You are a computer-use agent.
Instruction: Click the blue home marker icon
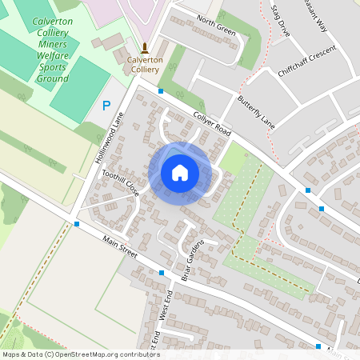(179, 172)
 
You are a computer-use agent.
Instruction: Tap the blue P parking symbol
(106, 105)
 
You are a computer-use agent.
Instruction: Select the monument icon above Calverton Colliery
(145, 48)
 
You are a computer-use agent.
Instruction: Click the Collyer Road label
(211, 122)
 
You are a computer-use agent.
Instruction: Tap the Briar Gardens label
(196, 254)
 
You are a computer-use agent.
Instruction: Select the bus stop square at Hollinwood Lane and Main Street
(77, 224)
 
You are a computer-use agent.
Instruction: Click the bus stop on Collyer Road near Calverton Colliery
(161, 92)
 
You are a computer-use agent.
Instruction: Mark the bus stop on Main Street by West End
(162, 273)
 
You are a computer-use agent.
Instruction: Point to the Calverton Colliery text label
(145, 64)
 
